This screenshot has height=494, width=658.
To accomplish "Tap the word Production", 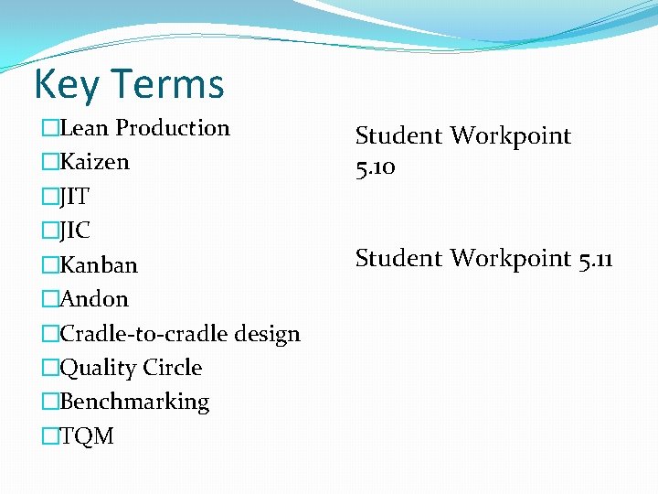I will [173, 128].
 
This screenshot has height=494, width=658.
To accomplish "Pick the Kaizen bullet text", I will [94, 163].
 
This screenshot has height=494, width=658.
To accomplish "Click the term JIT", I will [75, 197].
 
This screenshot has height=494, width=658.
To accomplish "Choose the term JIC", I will [75, 231].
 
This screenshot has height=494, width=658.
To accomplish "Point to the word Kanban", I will [99, 265].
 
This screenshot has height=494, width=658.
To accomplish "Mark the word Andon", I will [94, 299].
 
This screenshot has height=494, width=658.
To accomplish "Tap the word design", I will [267, 334].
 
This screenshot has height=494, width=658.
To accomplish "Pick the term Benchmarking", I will [134, 403].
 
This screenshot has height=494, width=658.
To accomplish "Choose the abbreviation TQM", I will [87, 436].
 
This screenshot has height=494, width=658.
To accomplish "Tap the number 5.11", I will [596, 259].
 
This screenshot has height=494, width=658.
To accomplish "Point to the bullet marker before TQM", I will [50, 436].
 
